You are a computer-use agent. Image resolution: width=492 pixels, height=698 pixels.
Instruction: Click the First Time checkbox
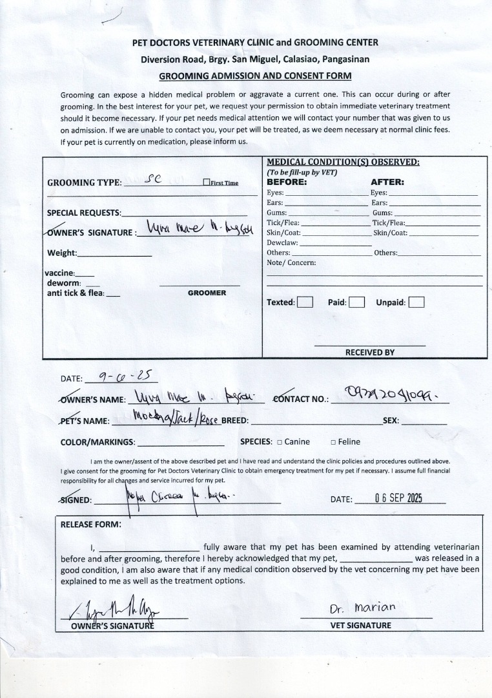(207, 183)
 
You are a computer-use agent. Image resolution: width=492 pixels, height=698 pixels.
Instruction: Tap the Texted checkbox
(305, 302)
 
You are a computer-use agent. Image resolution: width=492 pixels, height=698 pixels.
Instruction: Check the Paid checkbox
(357, 302)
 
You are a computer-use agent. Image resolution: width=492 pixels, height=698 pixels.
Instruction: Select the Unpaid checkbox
(416, 302)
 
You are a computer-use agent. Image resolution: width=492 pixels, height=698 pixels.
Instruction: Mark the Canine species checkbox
(279, 442)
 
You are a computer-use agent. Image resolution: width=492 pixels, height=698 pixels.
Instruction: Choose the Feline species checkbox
(333, 442)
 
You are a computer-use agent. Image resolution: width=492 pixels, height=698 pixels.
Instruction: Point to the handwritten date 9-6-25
(121, 376)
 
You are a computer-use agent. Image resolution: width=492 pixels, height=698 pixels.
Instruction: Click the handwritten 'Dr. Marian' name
(362, 609)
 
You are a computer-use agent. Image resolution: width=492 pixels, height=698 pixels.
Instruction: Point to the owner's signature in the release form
(110, 610)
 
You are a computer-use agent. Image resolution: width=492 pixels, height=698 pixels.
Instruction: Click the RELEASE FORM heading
(90, 524)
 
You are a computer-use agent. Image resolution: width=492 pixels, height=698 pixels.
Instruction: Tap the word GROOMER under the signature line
(207, 293)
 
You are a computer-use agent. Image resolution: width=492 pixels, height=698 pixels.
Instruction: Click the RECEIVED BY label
(369, 352)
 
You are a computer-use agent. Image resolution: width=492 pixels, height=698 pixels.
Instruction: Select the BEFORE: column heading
(287, 182)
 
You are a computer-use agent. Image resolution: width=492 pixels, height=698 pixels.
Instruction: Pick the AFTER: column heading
(387, 182)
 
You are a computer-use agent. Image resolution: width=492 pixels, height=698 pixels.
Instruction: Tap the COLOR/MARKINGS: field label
(97, 442)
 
